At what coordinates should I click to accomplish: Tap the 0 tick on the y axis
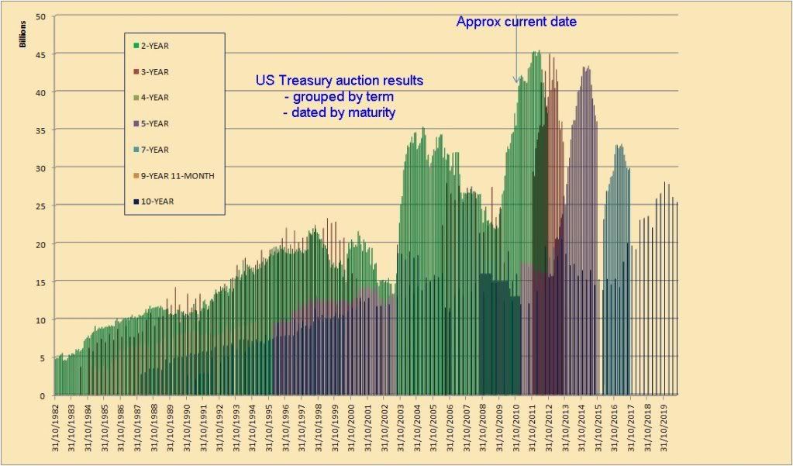tap(44, 395)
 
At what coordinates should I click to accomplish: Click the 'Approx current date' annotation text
tap(516, 22)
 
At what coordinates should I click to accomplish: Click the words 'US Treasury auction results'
tap(340, 81)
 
